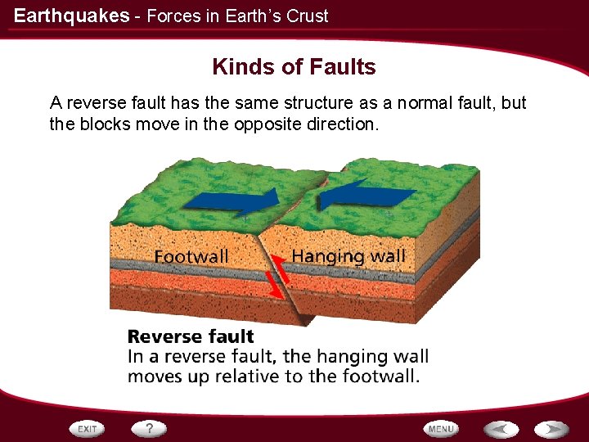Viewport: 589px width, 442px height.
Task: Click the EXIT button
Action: coord(88,429)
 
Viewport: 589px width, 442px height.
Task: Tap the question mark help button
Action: coord(150,429)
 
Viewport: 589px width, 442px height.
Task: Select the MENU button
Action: coord(441,429)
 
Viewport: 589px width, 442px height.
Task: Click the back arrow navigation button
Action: coord(500,429)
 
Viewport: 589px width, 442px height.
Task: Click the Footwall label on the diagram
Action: coord(191,257)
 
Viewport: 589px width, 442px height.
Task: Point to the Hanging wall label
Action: coord(348,256)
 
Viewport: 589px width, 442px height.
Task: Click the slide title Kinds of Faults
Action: coord(294,67)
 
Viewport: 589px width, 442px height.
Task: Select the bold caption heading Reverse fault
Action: coord(191,336)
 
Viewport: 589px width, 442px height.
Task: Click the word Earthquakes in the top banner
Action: coord(71,16)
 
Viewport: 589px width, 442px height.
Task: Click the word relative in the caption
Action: coord(264,377)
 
